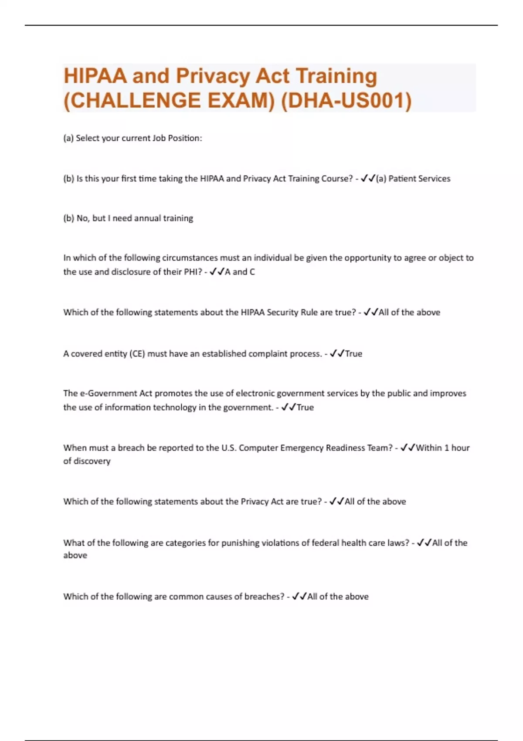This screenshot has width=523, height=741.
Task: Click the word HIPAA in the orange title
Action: point(95,76)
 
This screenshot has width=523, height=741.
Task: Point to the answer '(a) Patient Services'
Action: point(413,178)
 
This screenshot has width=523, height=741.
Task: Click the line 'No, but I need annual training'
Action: point(135,218)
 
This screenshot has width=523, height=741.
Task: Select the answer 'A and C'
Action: point(240,272)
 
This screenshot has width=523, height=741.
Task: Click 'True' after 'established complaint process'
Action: point(353,354)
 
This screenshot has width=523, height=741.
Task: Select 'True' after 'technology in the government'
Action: point(305,407)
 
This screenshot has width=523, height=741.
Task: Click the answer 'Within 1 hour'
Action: point(443,448)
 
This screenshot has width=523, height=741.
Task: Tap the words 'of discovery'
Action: point(87,461)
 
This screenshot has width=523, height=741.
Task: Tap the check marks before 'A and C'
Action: point(217,272)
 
